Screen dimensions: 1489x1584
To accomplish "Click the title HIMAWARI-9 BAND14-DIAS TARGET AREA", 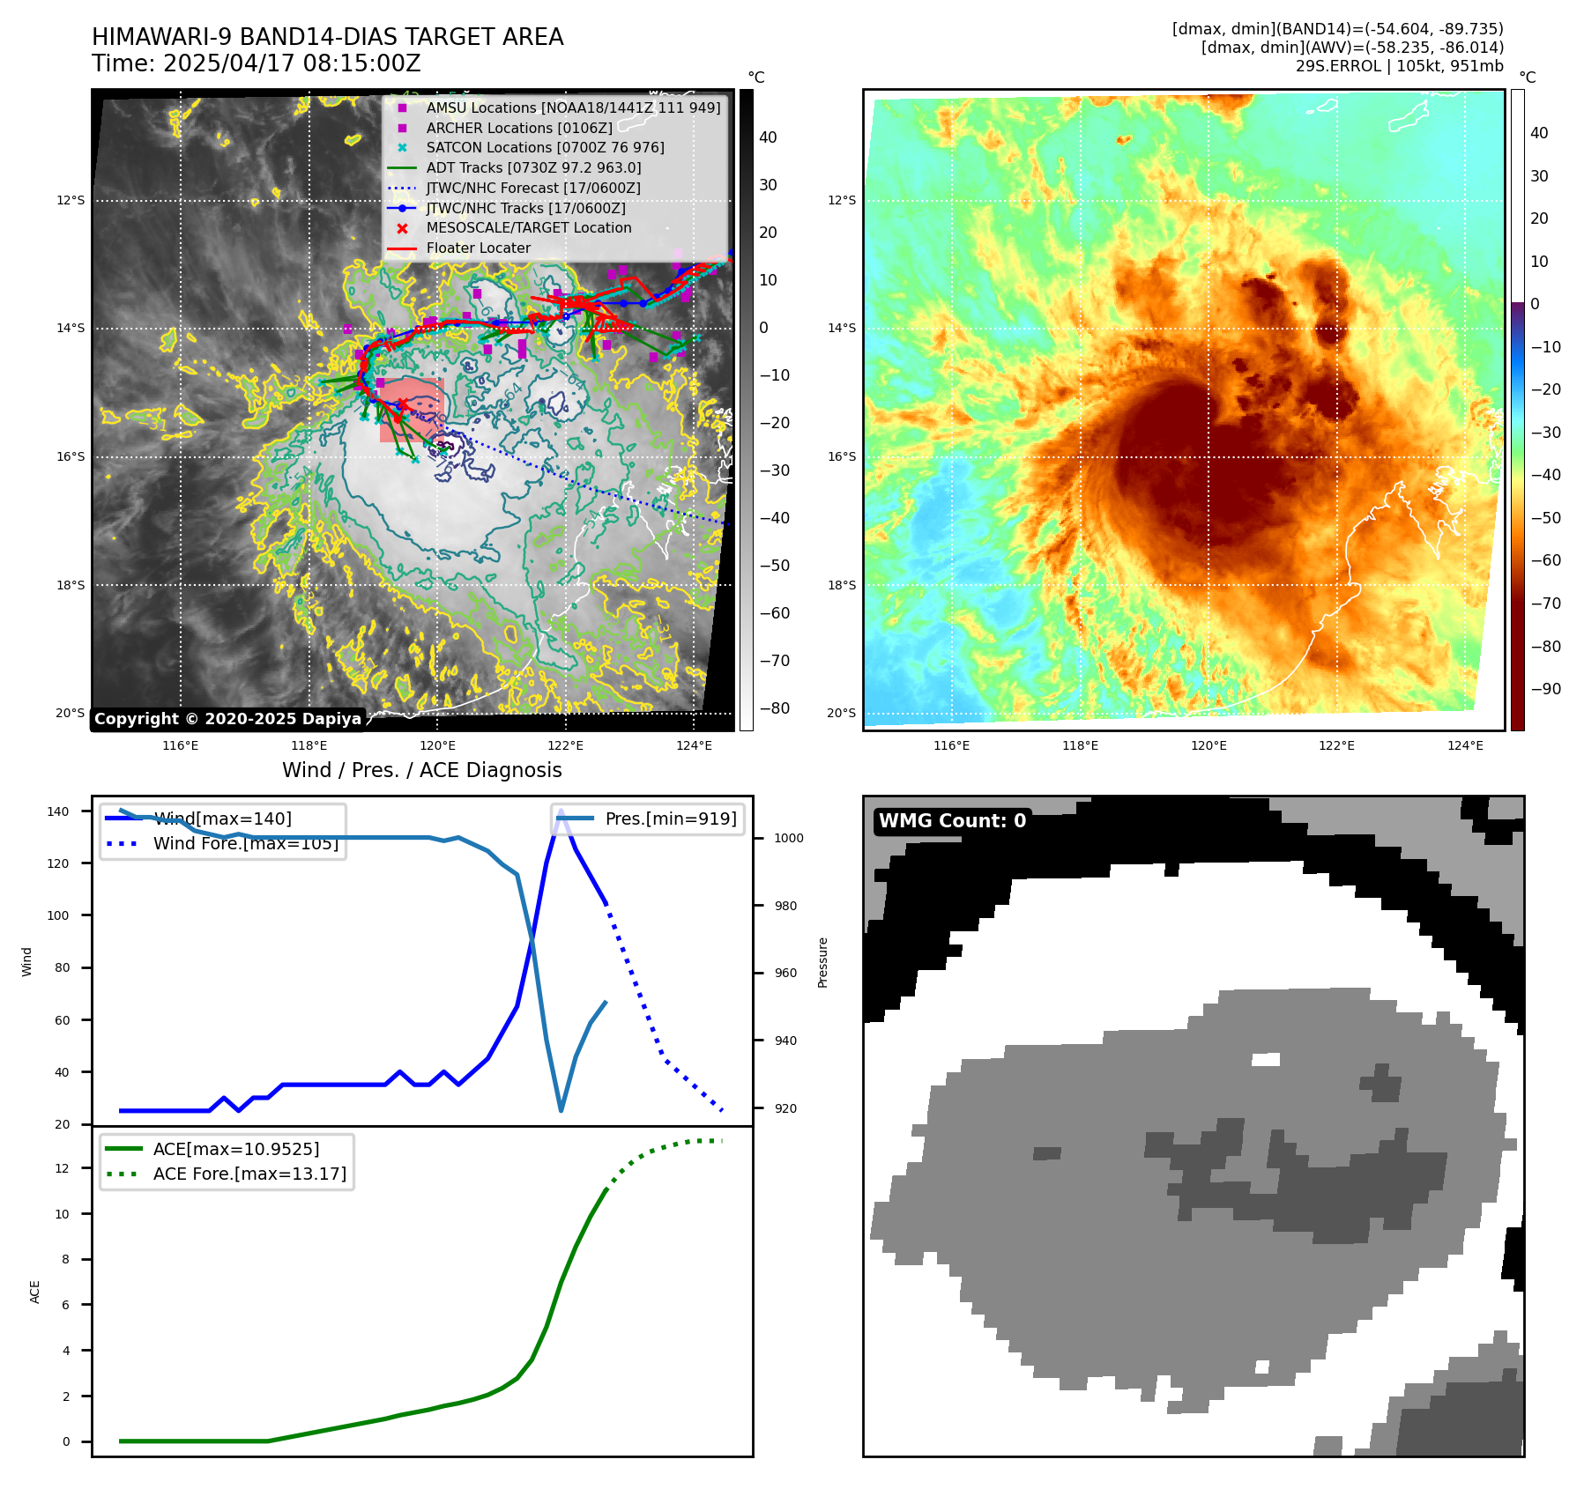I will tap(327, 37).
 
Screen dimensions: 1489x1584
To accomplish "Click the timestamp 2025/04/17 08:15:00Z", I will tap(292, 64).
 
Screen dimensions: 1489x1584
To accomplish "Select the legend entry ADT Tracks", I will tap(533, 167).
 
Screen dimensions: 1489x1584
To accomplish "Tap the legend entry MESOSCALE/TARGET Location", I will tap(528, 227).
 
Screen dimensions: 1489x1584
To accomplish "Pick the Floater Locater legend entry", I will tap(478, 248).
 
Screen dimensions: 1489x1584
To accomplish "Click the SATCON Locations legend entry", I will tap(545, 147).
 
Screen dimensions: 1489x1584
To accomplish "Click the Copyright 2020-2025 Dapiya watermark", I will tap(227, 719).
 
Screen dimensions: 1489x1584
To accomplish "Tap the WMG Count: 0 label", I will tap(952, 821).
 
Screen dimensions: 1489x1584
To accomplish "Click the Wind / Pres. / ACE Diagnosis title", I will tap(421, 770).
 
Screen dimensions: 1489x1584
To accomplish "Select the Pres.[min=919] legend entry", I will tap(670, 819).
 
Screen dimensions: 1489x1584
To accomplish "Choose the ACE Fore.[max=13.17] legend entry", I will tap(249, 1174).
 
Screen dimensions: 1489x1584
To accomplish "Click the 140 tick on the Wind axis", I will tap(57, 811).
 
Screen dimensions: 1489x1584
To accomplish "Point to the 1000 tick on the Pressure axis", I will tap(789, 838).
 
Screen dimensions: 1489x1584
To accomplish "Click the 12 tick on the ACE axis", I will tap(62, 1168).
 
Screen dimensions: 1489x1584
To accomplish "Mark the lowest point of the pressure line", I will tap(561, 1110).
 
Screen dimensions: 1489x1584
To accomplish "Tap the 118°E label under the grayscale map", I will tap(309, 745).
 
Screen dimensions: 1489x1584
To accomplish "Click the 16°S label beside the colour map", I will tap(841, 456).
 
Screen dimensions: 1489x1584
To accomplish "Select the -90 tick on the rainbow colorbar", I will tap(1545, 689).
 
